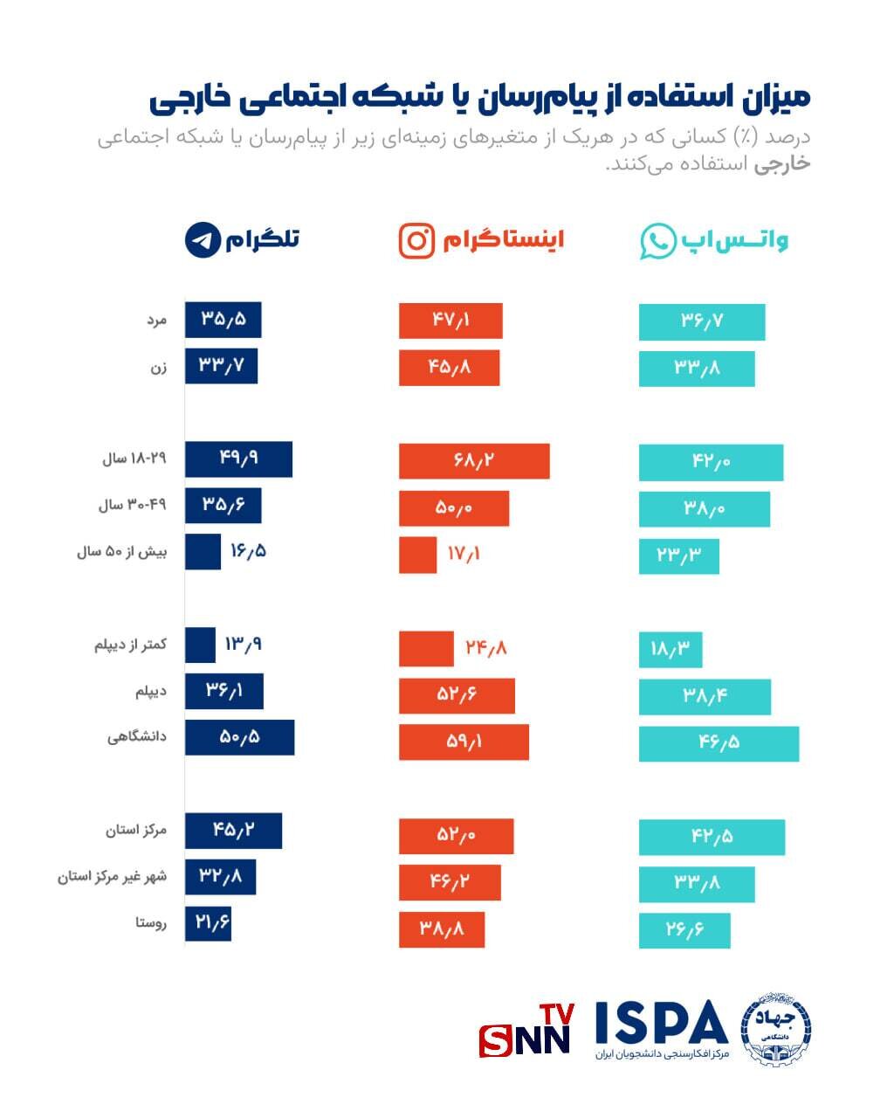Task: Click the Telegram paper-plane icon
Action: [x=203, y=239]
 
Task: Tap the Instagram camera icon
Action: [x=416, y=240]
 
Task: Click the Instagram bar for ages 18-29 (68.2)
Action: [x=474, y=461]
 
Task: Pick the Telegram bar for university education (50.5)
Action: [x=239, y=737]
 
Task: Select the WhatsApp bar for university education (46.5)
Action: [x=719, y=743]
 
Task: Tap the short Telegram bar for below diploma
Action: [x=200, y=645]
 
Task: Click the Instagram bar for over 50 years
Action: [x=417, y=554]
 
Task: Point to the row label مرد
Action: [x=156, y=320]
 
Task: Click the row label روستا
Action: [x=150, y=922]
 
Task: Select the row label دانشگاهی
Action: [x=137, y=737]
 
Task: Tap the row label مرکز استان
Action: [x=136, y=830]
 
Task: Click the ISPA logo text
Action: [x=662, y=1023]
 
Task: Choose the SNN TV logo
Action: [x=526, y=1031]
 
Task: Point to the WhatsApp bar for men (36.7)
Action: [x=702, y=321]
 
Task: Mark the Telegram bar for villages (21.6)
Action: [x=208, y=923]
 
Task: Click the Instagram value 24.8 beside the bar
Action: [x=485, y=647]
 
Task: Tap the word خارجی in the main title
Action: [x=187, y=98]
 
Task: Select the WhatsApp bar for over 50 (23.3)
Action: [x=678, y=556]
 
